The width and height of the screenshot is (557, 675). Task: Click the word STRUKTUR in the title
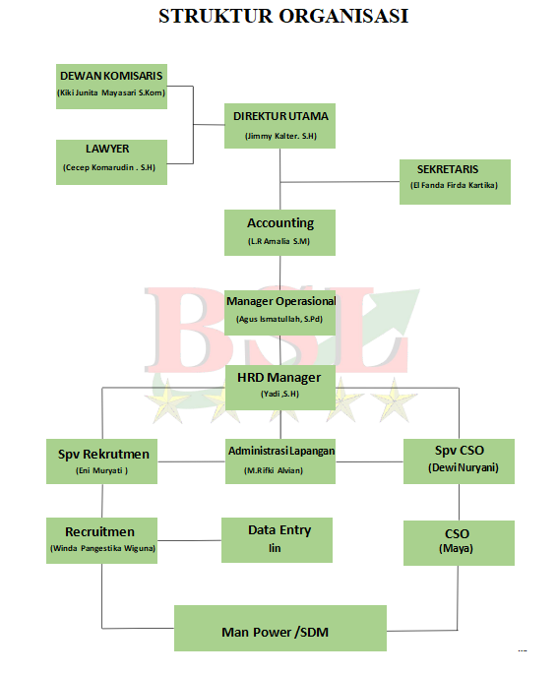(x=217, y=16)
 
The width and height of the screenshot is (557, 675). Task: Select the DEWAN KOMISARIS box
(x=111, y=87)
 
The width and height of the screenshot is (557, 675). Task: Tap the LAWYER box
(x=111, y=162)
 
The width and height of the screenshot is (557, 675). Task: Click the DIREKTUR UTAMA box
(x=279, y=126)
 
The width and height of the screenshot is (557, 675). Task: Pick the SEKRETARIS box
(x=455, y=182)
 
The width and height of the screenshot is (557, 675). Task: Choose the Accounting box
(x=279, y=232)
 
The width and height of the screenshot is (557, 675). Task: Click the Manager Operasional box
(x=279, y=313)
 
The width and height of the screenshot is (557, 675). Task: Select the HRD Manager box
(x=279, y=388)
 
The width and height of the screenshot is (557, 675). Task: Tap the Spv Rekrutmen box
(x=102, y=461)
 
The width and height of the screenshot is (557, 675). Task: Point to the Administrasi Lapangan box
(x=280, y=461)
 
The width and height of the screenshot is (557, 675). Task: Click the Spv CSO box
(x=459, y=461)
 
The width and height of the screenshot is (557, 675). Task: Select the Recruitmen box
(x=102, y=541)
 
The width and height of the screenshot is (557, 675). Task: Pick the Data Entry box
(x=277, y=540)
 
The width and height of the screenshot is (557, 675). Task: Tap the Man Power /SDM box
(x=280, y=628)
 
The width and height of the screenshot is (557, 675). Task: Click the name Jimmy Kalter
(x=273, y=136)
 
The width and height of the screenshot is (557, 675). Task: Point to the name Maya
(x=456, y=548)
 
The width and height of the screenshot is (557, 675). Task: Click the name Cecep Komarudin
(x=99, y=167)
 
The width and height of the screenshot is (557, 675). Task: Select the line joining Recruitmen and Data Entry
(x=189, y=540)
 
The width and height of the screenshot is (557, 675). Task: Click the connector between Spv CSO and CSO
(x=459, y=503)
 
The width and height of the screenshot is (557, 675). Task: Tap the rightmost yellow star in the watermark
(x=394, y=400)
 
